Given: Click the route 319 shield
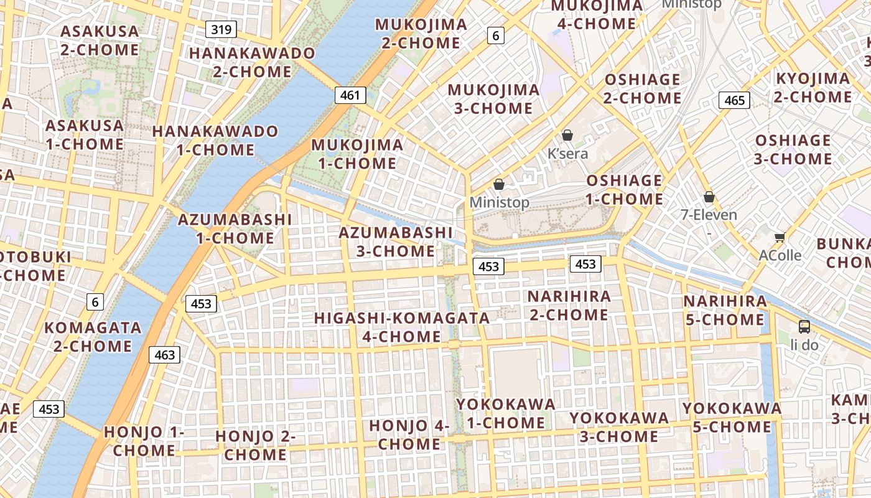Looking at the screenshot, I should coord(221,29).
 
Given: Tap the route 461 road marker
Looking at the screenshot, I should coord(350,95).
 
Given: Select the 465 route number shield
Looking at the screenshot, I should coord(734,100).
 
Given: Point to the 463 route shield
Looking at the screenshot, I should coord(164,355).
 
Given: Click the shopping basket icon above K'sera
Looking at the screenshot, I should coord(567,135).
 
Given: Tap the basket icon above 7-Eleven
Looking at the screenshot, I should coord(709,197).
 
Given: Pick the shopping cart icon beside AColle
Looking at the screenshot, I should coord(780,237).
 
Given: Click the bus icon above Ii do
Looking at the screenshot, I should coord(804,326).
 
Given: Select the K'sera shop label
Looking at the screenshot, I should coord(567,153).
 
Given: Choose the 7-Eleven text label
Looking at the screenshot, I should coord(709,215).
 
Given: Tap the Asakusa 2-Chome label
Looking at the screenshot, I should coord(100,40).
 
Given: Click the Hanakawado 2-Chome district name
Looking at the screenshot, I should coord(252,62).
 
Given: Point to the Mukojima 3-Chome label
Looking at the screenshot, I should coord(493,99).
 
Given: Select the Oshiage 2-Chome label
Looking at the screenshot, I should coord(642,88).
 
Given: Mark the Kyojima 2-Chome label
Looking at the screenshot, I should coord(813,88).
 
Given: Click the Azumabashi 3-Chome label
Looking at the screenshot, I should coord(396,242).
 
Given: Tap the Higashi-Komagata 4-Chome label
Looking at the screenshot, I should coord(402,327).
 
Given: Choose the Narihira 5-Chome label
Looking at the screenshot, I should coord(725,310).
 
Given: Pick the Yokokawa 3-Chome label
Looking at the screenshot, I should coord(619,426).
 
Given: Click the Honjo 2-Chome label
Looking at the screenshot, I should coord(255,445).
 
